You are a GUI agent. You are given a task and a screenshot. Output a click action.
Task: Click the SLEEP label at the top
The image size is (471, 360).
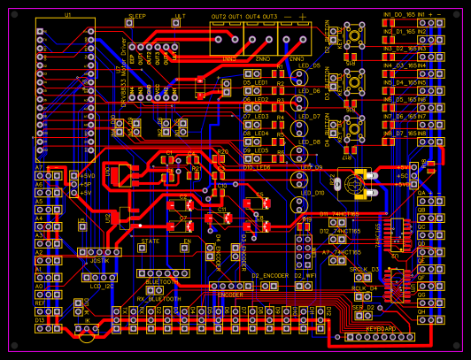[x=137, y=17]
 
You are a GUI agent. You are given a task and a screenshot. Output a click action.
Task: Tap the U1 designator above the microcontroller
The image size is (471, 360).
[x=67, y=16]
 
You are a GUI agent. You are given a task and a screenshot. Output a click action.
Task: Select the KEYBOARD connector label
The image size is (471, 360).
[x=382, y=329]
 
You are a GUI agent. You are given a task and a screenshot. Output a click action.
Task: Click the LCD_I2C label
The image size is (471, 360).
[x=102, y=287]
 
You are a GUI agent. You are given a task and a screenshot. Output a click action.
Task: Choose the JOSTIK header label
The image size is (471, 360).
[x=100, y=261]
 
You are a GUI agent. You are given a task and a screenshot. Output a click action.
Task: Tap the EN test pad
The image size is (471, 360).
[x=186, y=249]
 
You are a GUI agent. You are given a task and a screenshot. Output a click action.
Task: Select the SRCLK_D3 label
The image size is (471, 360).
[x=364, y=269]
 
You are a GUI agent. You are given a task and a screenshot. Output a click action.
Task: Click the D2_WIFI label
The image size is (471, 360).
[x=305, y=276]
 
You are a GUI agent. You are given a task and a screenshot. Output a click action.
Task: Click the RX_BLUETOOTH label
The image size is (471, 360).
[x=158, y=299]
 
